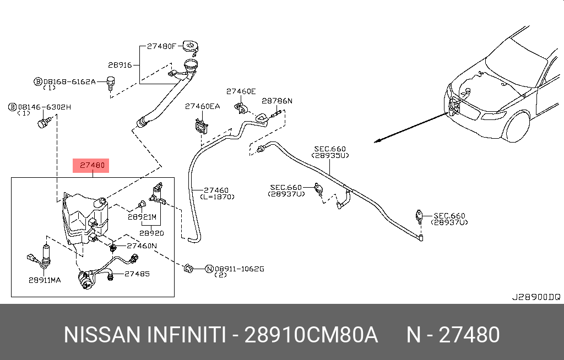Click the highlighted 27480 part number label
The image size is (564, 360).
click(x=91, y=165)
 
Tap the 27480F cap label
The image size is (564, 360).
click(x=161, y=47)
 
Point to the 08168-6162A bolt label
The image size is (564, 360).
click(x=69, y=81)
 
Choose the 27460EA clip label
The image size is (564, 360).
click(x=202, y=106)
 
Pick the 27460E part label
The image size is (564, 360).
click(x=241, y=91)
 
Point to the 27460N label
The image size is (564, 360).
click(x=142, y=246)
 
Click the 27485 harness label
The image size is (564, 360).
click(x=137, y=274)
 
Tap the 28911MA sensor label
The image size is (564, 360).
click(x=45, y=280)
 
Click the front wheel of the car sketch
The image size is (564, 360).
click(x=517, y=127)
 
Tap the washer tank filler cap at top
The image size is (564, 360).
click(x=191, y=45)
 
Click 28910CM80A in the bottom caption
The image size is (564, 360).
click(x=311, y=335)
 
